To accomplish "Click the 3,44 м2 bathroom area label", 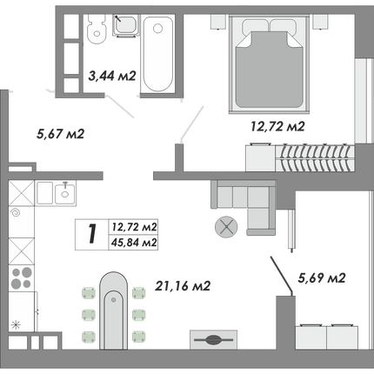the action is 112,77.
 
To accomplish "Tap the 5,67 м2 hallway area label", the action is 60,134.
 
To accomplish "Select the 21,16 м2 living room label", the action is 183,286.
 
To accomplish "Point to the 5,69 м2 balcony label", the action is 322,278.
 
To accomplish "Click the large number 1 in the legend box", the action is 92,234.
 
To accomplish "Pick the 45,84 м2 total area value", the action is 134,242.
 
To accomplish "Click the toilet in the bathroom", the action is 97,29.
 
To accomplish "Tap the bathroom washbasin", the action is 125,25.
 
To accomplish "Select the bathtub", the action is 157,54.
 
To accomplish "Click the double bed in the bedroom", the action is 269,64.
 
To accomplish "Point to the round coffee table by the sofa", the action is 226,227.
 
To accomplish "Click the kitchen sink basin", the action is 64,193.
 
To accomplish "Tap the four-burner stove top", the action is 21,278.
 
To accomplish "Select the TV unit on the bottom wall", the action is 213,339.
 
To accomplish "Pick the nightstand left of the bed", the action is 218,22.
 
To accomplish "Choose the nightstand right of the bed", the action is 320,22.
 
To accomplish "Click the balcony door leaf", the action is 282,274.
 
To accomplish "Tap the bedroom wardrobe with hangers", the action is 300,157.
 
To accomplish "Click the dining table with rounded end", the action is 113,311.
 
